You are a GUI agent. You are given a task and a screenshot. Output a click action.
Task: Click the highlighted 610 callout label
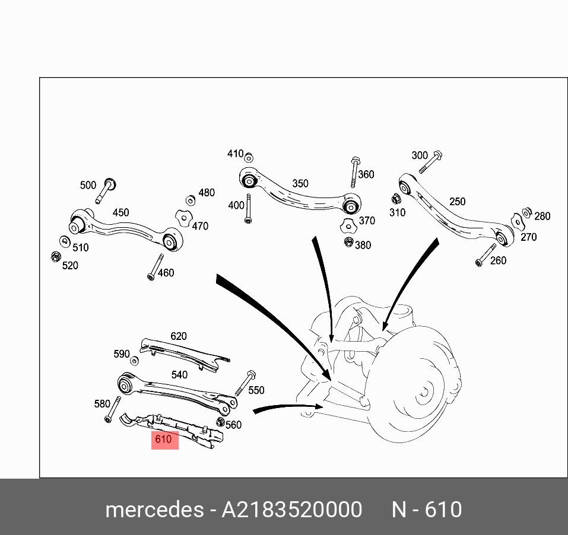(164, 440)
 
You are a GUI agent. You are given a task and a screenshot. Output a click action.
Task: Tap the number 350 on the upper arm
(300, 183)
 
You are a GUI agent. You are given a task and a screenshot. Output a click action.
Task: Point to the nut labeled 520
(55, 257)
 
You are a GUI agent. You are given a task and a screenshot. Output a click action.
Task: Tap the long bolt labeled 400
(248, 208)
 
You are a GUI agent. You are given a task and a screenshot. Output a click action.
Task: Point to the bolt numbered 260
(486, 255)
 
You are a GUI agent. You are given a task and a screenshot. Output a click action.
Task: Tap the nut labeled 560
(220, 422)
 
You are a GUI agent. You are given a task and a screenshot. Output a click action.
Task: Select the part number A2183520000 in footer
(291, 509)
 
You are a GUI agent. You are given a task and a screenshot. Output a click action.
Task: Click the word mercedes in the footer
(154, 509)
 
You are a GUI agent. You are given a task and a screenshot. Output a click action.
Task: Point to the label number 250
(457, 202)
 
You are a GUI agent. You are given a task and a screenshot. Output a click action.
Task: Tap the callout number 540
(179, 374)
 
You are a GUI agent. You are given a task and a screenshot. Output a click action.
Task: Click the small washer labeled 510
(64, 241)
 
